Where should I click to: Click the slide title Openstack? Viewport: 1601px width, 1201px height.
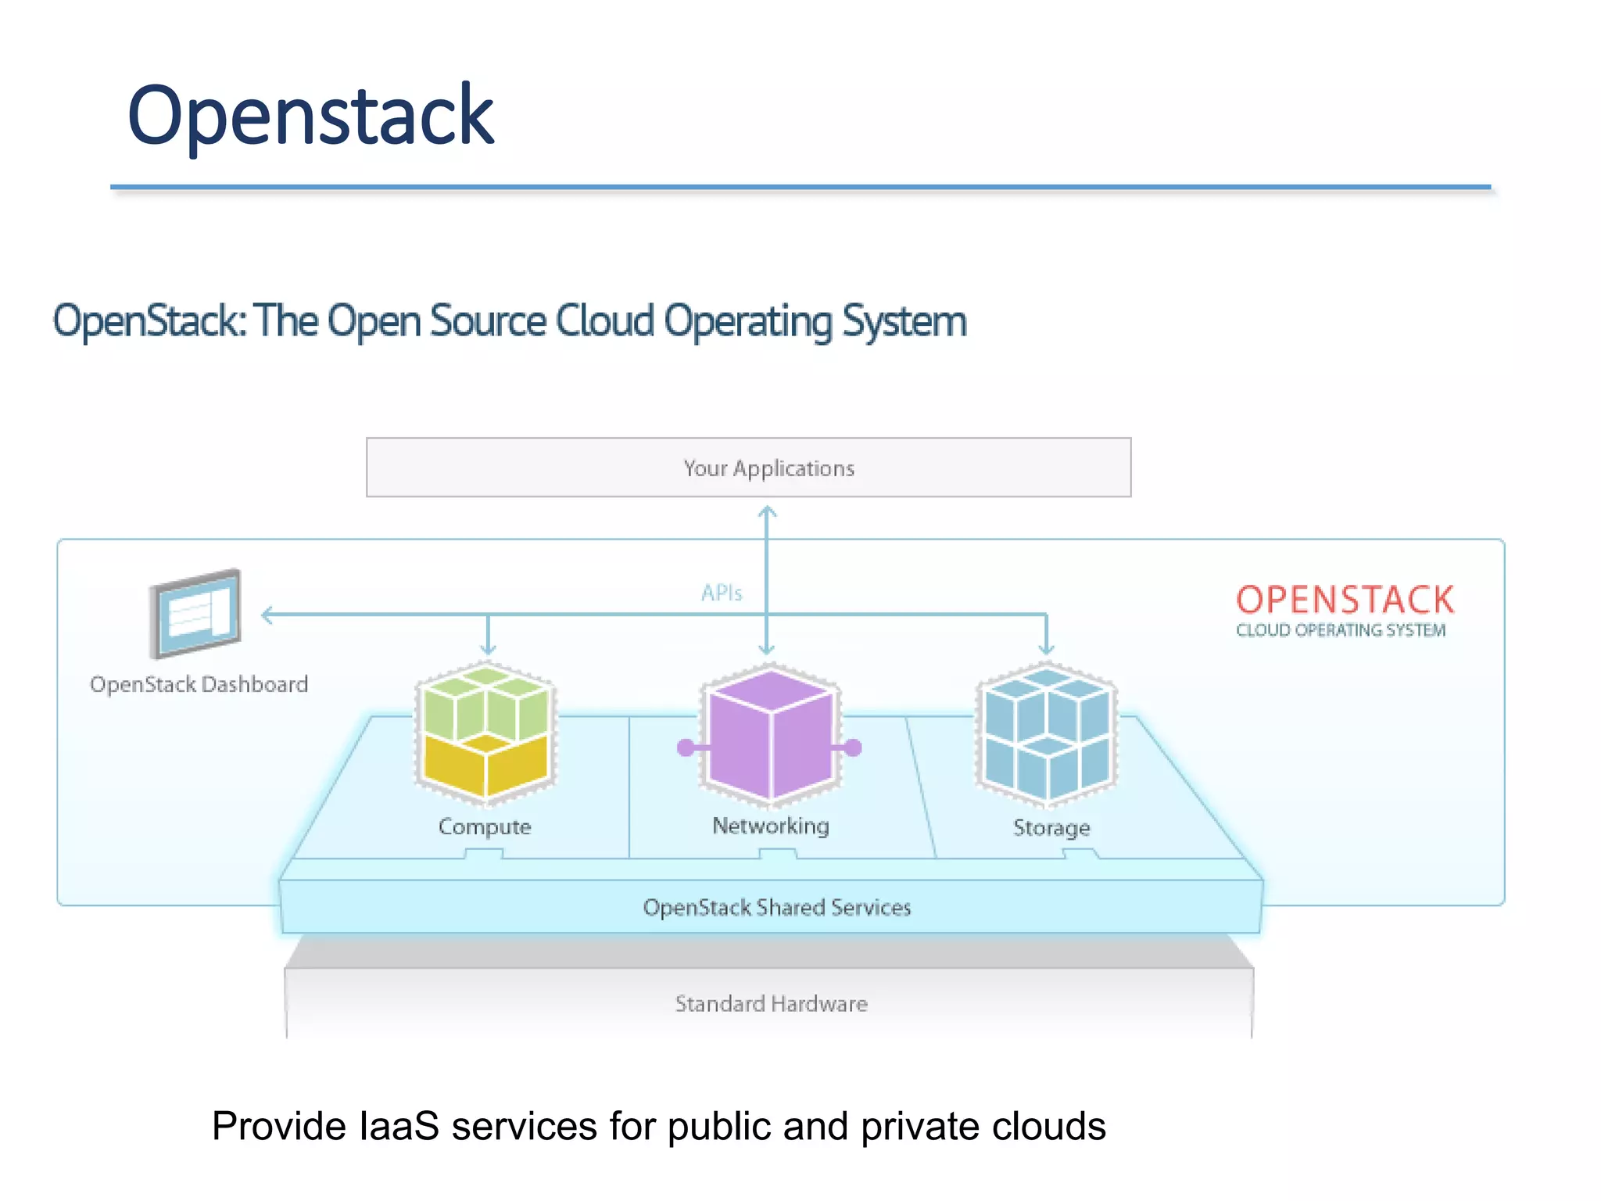click(310, 116)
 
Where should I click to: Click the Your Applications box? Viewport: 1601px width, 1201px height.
click(748, 468)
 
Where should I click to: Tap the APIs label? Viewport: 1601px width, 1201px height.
click(721, 593)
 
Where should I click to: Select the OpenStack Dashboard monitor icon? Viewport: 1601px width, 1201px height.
click(196, 614)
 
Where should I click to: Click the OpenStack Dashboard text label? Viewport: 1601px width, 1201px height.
click(199, 684)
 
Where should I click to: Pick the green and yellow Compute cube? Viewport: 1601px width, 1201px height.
click(486, 733)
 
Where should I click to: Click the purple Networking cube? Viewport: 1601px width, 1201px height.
click(770, 733)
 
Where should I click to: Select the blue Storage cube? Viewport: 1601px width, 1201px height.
click(1047, 733)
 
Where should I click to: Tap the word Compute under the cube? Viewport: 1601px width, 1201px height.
click(485, 826)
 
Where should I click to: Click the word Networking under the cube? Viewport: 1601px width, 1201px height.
click(770, 826)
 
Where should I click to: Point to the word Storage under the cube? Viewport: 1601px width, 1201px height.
click(1051, 827)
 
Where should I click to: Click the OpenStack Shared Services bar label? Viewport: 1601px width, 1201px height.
click(776, 907)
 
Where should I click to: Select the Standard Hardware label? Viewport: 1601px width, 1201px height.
click(771, 1003)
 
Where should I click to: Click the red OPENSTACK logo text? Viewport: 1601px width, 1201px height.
click(1344, 600)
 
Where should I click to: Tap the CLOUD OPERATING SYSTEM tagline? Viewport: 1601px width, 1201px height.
click(1340, 630)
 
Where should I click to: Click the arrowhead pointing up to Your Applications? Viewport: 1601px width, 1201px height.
click(767, 512)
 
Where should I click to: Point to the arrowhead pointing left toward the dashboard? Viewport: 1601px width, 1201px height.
click(267, 615)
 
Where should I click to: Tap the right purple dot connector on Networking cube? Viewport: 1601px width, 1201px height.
click(853, 747)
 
